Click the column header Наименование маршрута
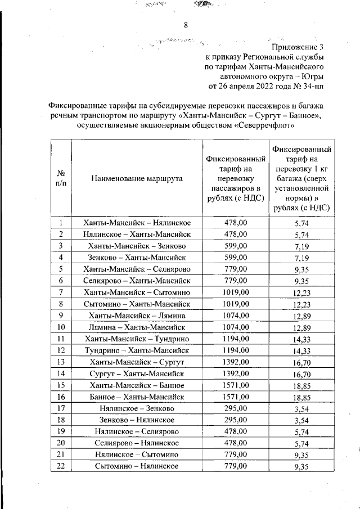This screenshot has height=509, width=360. tap(137, 178)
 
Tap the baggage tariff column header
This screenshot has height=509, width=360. tap(301, 178)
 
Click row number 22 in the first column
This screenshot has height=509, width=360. tap(60, 466)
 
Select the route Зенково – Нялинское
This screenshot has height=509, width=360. tap(137, 420)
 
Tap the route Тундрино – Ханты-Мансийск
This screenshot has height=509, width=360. tap(137, 350)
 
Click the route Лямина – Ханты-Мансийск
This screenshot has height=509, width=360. tap(137, 327)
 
